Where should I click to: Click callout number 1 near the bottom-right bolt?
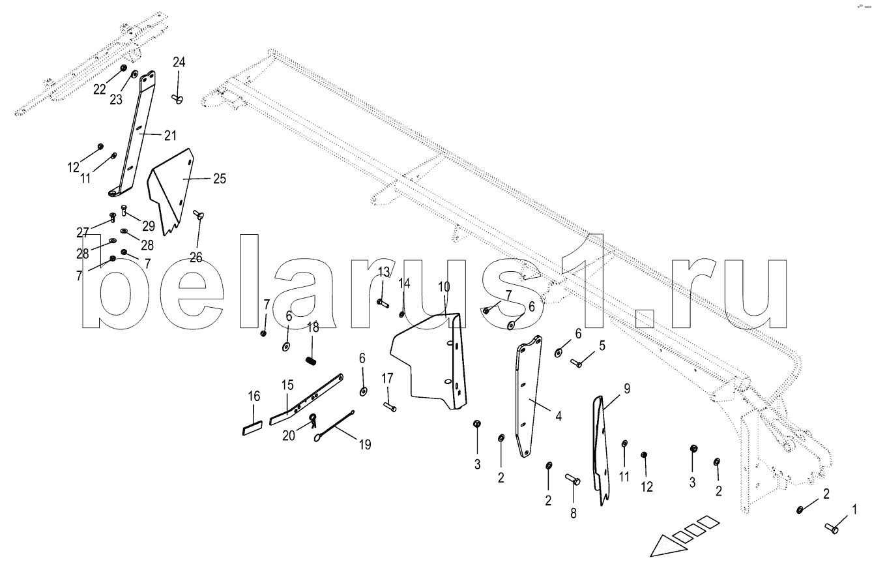tap(855, 509)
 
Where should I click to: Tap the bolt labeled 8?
tap(573, 481)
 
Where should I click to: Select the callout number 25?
tap(220, 178)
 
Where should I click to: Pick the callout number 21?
tap(170, 136)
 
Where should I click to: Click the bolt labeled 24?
tap(177, 98)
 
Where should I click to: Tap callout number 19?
tap(364, 445)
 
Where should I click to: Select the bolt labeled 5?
tap(577, 363)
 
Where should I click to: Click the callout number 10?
tap(443, 287)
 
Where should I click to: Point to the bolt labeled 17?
tap(390, 408)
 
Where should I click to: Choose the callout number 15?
tap(287, 385)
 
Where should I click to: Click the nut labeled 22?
tap(124, 68)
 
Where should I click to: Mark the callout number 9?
tap(626, 389)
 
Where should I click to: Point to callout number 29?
tap(149, 226)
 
